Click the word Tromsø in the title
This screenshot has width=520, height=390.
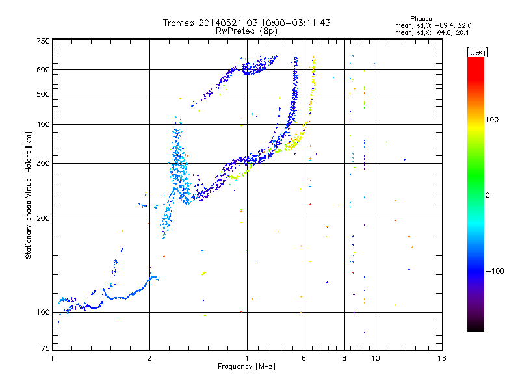[x=179, y=23]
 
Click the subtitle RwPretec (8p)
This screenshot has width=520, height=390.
[x=246, y=31]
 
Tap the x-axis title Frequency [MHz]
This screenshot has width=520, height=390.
[x=246, y=367]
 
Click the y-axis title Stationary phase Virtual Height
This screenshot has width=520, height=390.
[x=28, y=195]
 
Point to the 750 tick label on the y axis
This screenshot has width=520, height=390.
[x=44, y=41]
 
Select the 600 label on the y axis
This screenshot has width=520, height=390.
[x=44, y=70]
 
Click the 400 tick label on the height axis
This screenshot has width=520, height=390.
[x=44, y=124]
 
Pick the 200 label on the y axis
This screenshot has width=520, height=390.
[x=44, y=218]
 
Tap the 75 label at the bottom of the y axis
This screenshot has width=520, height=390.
[x=45, y=348]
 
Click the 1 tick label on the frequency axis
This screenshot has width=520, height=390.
[x=52, y=358]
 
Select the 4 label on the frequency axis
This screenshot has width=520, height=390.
[x=247, y=358]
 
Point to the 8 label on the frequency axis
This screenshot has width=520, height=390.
[x=344, y=358]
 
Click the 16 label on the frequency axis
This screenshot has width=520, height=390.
[x=442, y=358]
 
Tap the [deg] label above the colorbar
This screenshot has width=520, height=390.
[x=478, y=52]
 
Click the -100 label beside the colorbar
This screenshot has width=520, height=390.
[x=495, y=271]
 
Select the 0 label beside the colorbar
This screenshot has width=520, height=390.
[x=487, y=195]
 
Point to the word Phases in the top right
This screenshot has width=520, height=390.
[x=421, y=19]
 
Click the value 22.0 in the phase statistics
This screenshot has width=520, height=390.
[x=465, y=25]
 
